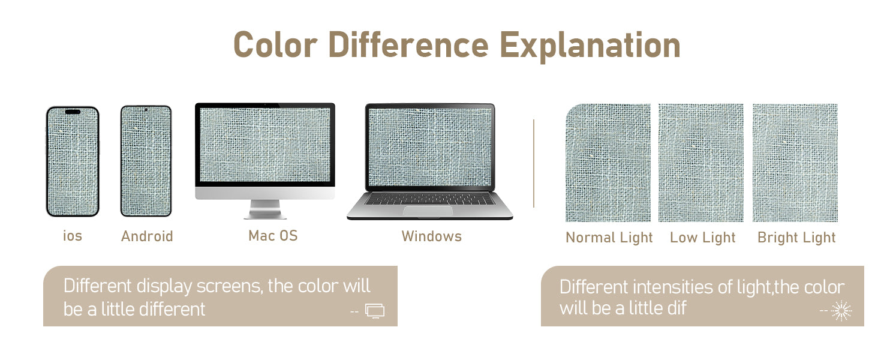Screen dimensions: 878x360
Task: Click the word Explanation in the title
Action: coord(590,46)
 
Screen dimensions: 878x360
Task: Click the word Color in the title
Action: coord(275,45)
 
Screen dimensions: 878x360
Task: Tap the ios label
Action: coord(73,236)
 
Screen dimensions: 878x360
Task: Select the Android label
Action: coord(147,236)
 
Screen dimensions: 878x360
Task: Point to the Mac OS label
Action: coord(273,236)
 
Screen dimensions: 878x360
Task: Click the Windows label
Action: coord(432,236)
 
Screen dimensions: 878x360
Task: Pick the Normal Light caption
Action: coord(609,238)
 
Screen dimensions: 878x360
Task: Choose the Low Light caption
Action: coord(703,238)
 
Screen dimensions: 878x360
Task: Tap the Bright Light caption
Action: coord(796,238)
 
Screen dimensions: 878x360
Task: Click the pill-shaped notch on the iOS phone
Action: coord(73,112)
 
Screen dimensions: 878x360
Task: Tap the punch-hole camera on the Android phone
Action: coord(146,110)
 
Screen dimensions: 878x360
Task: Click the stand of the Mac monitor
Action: coord(265,209)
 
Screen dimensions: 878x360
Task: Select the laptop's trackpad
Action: coord(428,210)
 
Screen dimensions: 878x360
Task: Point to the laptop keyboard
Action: coord(429,199)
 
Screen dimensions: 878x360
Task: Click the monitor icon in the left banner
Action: coord(375,311)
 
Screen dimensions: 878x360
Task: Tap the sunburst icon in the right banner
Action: coord(841,311)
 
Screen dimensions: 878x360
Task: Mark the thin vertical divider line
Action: coord(534,163)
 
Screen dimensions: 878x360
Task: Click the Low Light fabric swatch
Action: coord(701,163)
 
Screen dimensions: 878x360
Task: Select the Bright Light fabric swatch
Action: coord(795,163)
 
